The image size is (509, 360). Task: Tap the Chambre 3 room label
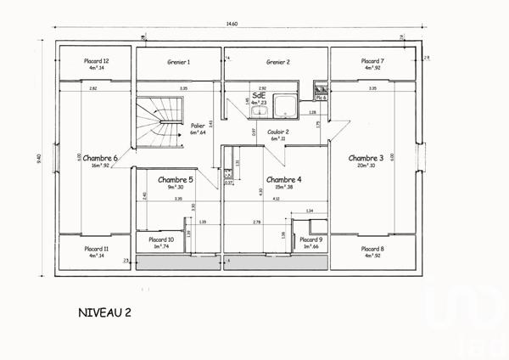point(366,158)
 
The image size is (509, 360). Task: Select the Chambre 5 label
point(176,180)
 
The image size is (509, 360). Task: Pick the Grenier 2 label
point(277,62)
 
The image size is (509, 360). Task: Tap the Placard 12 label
point(96,61)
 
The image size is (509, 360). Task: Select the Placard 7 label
point(371,61)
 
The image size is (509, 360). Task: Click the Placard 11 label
point(96,250)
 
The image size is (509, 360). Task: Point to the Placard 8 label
point(371,250)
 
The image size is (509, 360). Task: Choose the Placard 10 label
point(161,240)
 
